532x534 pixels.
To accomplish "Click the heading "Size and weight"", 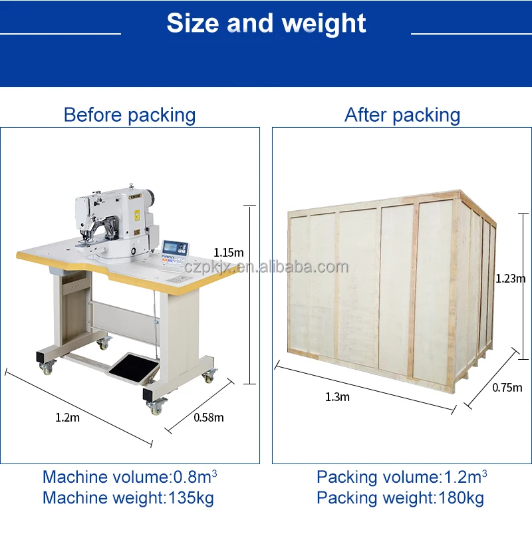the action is coord(266,23).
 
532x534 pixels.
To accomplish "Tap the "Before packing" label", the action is coord(129,115).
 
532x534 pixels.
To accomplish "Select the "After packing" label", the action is coord(402,115).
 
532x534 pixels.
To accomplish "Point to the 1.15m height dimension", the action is coord(228,253).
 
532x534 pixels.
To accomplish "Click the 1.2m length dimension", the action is coord(67,418).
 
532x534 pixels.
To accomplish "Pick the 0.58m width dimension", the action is coord(208,418).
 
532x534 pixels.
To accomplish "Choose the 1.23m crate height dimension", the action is coord(510,279).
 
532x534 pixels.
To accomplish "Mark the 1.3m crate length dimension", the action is coord(337,397).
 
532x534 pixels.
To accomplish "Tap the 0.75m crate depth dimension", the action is coord(507,388).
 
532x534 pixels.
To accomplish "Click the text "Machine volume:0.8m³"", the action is coord(130,477).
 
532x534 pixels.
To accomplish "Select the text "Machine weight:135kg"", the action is coord(128,497).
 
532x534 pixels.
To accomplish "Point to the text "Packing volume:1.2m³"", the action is coord(402,477).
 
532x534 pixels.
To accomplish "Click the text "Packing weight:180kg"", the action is coord(400,497).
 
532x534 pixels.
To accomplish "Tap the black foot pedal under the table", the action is coord(133,367).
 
